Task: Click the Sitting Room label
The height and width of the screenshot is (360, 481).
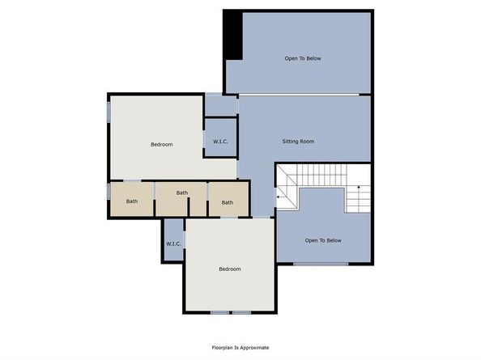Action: [298, 142]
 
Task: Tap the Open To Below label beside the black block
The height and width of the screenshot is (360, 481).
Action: [303, 58]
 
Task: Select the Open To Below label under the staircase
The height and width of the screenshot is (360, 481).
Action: [323, 240]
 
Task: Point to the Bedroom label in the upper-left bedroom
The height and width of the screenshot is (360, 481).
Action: [162, 144]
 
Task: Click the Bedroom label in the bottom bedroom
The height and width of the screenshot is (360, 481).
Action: [230, 269]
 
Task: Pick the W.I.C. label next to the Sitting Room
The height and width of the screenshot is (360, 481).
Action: [220, 142]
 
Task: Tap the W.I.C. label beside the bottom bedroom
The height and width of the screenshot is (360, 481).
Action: [173, 244]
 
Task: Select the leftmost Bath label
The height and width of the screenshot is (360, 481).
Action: [132, 201]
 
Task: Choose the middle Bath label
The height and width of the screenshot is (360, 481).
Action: [182, 193]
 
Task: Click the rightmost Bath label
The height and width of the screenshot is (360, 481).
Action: [228, 202]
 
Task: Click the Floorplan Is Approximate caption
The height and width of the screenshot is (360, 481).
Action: [240, 347]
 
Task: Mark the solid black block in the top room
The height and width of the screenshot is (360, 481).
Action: [233, 36]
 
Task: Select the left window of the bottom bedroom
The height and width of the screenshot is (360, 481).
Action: [219, 313]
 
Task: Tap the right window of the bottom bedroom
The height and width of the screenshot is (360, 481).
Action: [241, 313]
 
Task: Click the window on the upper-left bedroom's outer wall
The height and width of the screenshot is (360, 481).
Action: [109, 112]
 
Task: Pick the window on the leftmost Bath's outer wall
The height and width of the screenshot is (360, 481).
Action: [109, 192]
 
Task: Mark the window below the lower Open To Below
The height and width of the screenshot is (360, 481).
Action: [321, 264]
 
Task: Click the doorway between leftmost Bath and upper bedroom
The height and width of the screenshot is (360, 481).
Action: [132, 180]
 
